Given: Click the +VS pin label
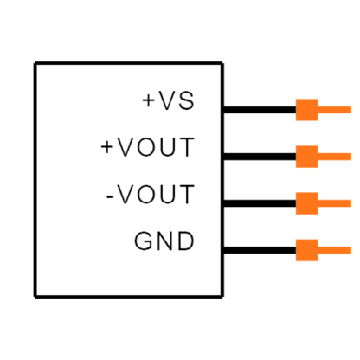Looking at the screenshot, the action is pos(168,100).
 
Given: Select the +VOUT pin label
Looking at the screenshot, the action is pos(148,147).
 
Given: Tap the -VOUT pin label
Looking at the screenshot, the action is pos(151,194).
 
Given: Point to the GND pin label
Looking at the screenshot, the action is pos(164,241).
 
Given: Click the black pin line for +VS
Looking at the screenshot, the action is pos(260,110).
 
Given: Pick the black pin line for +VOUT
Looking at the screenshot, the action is pos(260,157).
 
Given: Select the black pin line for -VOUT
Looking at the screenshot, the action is pos(260,203).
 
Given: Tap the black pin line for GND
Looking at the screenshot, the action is pos(260,250).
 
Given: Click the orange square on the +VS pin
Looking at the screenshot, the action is pos(306,110).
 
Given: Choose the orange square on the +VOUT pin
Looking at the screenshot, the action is pos(306,157).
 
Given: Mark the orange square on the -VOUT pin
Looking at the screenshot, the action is pos(306,203).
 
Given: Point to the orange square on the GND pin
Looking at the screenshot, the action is pos(306,250).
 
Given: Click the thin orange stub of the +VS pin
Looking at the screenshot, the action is pos(334,110).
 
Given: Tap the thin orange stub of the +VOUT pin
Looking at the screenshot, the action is pos(334,157).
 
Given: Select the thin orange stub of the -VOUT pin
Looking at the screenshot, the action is pos(334,203).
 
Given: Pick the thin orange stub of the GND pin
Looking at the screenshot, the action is pos(334,250).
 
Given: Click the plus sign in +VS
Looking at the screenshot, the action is pos(149,100).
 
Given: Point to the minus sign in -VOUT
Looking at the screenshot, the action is pos(110,196).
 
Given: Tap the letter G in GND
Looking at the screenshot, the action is pos(143,241).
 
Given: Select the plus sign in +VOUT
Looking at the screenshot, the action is pos(107,147).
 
